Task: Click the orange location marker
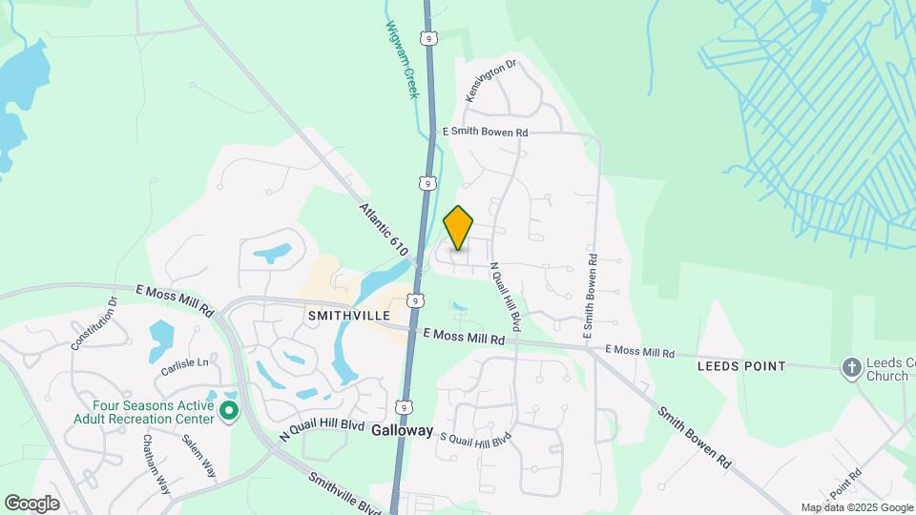(459, 228)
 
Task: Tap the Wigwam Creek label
(402, 59)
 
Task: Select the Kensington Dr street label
(490, 81)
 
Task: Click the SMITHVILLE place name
(349, 315)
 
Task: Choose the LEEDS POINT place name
(741, 366)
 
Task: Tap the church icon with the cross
(850, 367)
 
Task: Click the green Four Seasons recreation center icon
(229, 411)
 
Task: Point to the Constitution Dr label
(93, 322)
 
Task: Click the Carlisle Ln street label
(183, 363)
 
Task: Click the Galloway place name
(402, 430)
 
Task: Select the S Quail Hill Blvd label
(475, 439)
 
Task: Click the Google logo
(31, 503)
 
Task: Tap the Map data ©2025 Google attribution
(857, 507)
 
